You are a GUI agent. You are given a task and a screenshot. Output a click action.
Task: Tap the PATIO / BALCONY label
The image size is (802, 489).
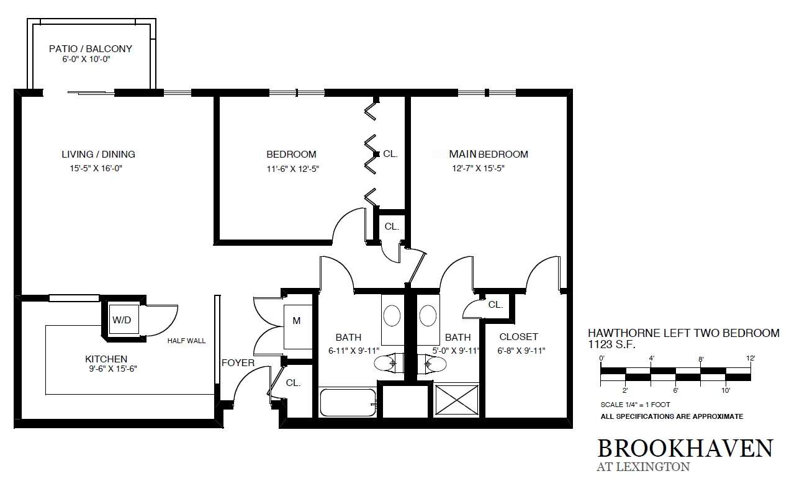coord(91,48)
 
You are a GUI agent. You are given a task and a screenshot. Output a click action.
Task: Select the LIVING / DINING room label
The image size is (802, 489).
coord(99,155)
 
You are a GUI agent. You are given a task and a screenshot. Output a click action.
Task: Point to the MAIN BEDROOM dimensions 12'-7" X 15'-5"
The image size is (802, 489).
coord(479,168)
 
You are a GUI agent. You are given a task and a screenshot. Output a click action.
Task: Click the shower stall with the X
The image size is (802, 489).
coord(457,400)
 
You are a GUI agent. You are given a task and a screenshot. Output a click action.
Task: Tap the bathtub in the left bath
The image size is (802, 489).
coord(348,402)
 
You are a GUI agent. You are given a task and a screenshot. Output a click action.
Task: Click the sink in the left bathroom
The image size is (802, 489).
coord(392,315)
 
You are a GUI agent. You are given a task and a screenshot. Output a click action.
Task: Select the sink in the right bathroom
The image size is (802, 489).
coord(428,315)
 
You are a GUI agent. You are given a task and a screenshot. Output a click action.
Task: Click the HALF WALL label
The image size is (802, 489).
coord(187,341)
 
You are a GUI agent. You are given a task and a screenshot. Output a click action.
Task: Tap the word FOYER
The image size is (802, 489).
coord(238,362)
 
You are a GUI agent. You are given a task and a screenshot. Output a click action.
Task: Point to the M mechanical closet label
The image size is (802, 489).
coord(297,321)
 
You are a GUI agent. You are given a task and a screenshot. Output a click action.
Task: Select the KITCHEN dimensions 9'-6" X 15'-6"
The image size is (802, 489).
coord(113,369)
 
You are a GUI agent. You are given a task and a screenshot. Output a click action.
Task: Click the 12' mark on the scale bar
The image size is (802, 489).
coord(750,358)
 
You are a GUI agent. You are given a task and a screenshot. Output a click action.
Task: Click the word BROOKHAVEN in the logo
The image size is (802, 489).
coord(685,448)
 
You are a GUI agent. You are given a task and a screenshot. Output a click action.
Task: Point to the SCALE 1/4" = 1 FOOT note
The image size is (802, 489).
coord(635,405)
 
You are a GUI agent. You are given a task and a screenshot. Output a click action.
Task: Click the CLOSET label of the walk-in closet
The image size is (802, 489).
coord(518,337)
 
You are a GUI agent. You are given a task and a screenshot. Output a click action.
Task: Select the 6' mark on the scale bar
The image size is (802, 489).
coord(675,390)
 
